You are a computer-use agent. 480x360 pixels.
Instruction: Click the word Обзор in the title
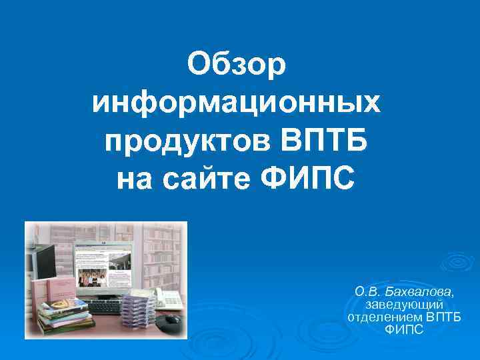237,65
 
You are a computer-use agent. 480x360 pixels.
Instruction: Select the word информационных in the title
237,103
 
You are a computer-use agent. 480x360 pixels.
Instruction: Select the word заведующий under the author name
405,304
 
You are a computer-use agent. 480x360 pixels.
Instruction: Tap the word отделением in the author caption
385,317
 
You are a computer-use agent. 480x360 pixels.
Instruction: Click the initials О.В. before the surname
368,291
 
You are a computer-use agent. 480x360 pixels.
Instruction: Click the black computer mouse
171,320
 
